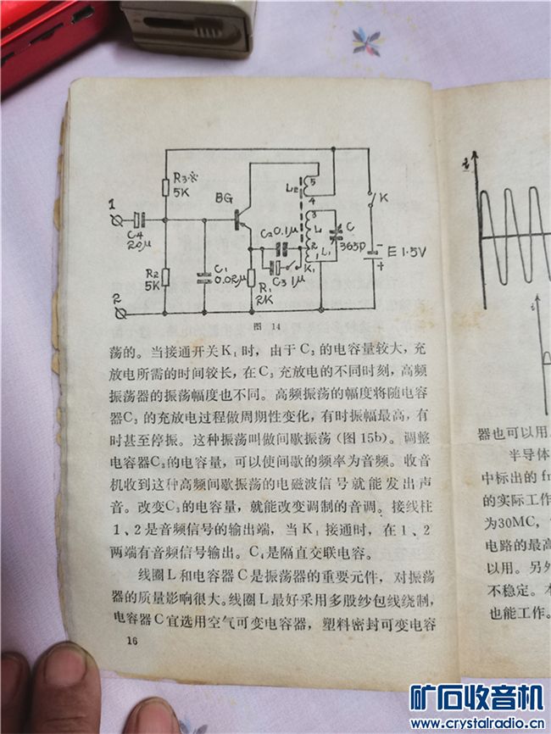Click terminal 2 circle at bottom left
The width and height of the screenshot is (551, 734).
pyautogui.click(x=121, y=313)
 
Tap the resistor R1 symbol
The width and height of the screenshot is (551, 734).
pyautogui.click(x=251, y=278)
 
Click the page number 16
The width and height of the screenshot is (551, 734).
pyautogui.click(x=131, y=640)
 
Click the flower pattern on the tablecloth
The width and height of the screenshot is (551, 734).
pyautogui.click(x=367, y=40)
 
